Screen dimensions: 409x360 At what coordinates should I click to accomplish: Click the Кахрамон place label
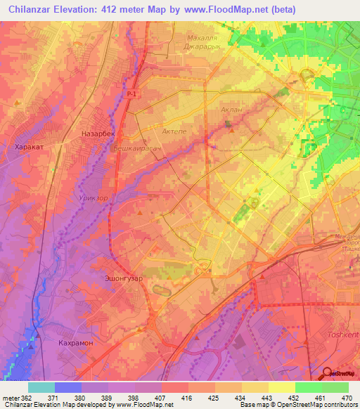click(77, 342)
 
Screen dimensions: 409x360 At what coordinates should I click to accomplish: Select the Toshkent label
click(343, 335)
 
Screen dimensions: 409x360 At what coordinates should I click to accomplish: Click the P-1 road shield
click(133, 93)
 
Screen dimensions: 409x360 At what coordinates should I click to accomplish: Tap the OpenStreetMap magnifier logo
click(328, 374)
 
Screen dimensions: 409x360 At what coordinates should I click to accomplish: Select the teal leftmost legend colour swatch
click(41, 387)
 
